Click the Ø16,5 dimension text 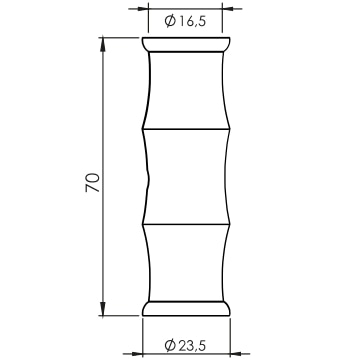point(186,21)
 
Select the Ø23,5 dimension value point(185,345)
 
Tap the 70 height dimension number point(93,182)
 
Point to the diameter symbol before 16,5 point(170,21)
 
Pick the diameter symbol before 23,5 point(170,345)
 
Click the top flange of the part point(186,45)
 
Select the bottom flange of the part point(186,308)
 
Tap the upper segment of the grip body point(186,90)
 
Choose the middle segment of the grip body point(186,176)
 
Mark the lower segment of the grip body point(186,263)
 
